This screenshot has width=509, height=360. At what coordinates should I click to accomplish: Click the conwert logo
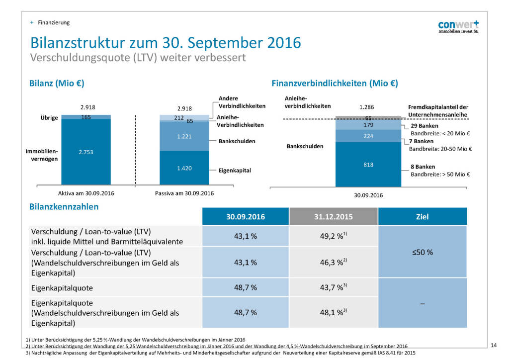pos(458,27)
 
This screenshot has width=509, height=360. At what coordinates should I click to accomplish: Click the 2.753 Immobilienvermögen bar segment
pos(85,152)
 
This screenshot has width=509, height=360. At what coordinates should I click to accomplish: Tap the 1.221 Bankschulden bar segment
pos(184,136)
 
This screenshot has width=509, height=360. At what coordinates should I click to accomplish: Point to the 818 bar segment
pos(368,165)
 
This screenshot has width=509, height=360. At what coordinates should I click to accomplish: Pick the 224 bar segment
pos(368,136)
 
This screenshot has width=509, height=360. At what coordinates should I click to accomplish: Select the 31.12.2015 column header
pos(334,217)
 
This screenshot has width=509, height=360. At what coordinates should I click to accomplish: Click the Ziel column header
pos(423,217)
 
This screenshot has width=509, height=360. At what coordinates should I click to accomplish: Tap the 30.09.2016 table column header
pos(246,217)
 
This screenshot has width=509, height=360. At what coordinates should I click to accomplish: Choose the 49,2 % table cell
pos(334,237)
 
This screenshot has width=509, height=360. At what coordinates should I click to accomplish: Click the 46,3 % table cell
pos(334,262)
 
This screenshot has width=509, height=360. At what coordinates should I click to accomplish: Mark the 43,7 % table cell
pos(334,287)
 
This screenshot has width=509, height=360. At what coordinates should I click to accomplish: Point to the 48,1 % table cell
pos(334,313)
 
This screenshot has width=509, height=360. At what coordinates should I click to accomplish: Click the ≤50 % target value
pos(423,252)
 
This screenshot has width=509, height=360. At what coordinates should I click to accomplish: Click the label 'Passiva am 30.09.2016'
pos(184,193)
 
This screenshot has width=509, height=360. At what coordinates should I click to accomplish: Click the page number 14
pos(494,345)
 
